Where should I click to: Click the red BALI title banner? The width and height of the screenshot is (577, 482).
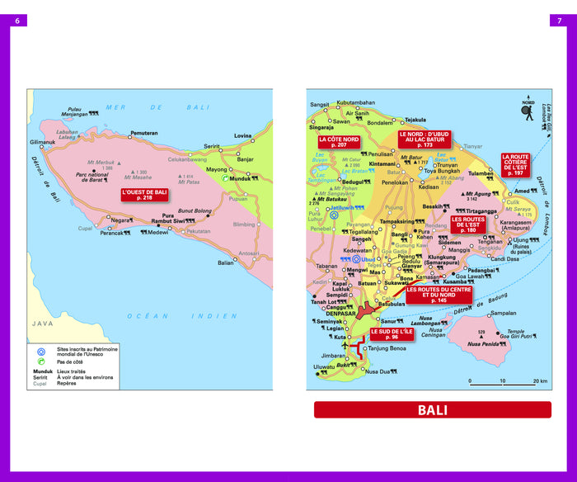(432, 410)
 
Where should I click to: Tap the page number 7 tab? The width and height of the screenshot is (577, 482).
(560, 21)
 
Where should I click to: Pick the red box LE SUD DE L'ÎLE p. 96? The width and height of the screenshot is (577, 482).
(390, 333)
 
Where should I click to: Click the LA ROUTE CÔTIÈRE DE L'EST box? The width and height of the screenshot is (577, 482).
(516, 164)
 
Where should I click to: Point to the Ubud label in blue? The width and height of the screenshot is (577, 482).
(368, 258)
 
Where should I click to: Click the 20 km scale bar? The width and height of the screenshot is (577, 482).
(507, 382)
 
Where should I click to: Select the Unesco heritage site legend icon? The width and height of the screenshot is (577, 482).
(40, 351)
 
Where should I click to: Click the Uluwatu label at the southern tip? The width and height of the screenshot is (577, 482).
(325, 367)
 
